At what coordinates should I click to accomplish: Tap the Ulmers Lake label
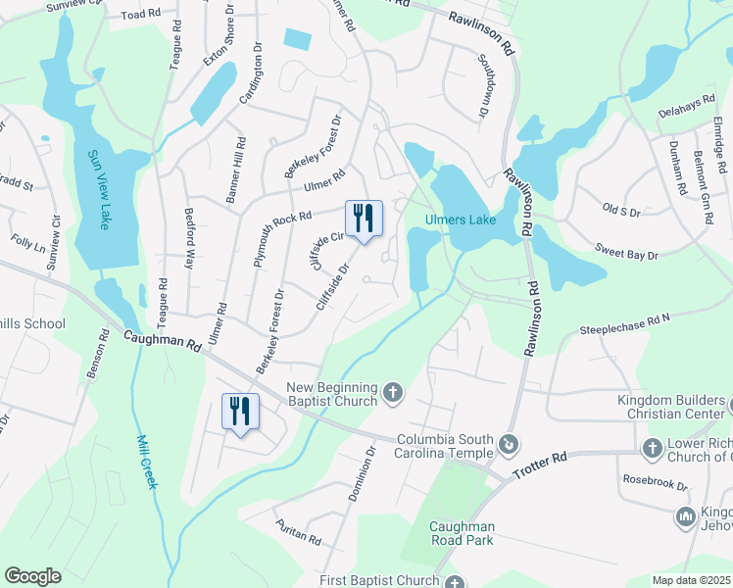pos(460,220)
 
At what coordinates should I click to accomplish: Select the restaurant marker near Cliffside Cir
pos(364,219)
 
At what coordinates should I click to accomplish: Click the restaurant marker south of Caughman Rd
pos(240,412)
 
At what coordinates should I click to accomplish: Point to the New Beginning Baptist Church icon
pos(392,393)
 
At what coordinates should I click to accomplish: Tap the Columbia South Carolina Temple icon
pos(509,446)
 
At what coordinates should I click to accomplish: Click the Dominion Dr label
pos(361,475)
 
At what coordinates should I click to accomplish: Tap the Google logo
pos(32,576)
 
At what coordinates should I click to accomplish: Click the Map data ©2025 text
pos(692,580)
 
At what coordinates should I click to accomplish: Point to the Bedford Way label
pos(191,238)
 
